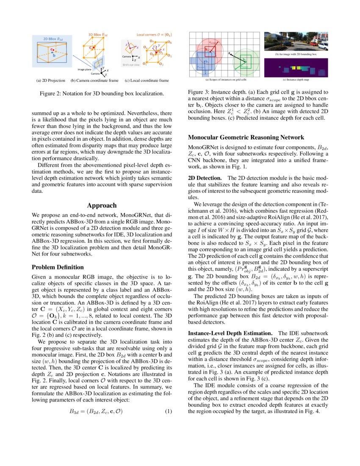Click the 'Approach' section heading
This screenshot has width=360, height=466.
(x=102, y=205)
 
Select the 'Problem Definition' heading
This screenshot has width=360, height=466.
(x=58, y=267)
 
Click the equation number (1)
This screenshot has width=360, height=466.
(x=168, y=411)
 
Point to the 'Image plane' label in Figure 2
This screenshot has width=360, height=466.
(x=85, y=69)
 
